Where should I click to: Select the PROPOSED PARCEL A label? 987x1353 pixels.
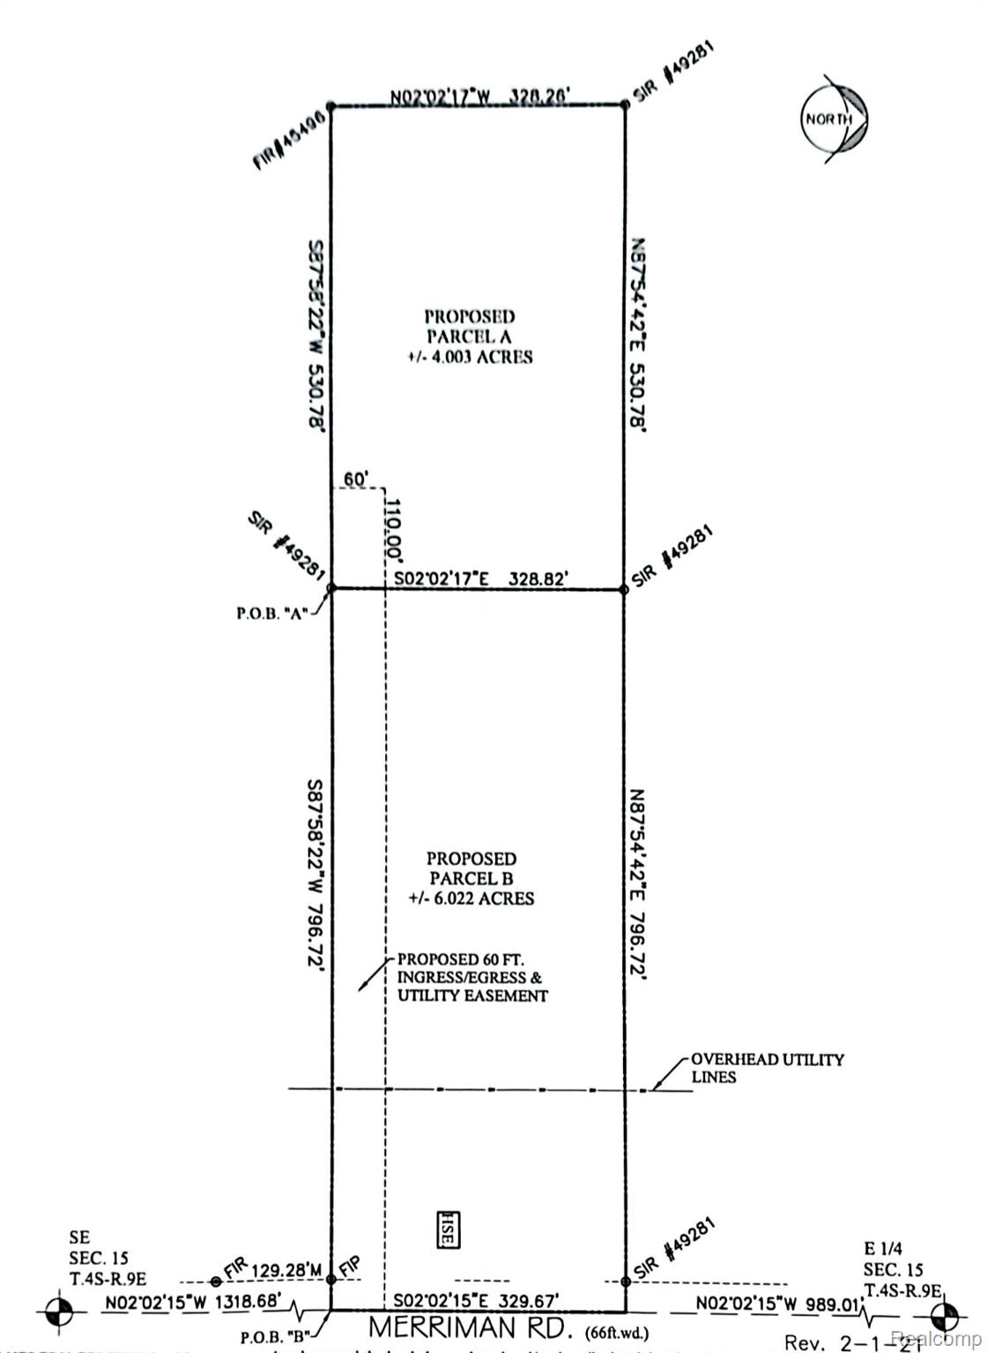coord(479,336)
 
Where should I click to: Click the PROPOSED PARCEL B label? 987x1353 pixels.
coord(471,878)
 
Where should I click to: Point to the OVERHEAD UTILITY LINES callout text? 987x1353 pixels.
coord(767,1068)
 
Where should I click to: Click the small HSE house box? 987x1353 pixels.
coord(446,1229)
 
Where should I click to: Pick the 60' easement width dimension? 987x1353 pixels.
coord(355,478)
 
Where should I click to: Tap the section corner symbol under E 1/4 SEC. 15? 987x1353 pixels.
coord(943,1318)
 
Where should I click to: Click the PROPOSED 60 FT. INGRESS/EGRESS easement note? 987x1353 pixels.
coord(472,978)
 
